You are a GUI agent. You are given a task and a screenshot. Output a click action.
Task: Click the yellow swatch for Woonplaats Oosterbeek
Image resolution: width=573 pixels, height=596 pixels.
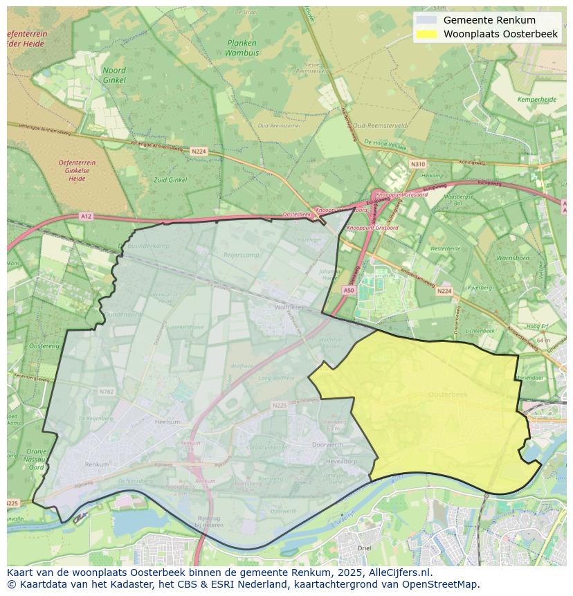tap(427, 34)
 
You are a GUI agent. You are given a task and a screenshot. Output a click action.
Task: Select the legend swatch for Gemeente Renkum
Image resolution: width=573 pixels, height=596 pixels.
tap(427, 20)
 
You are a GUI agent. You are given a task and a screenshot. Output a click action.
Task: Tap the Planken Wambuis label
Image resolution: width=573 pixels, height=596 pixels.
tap(242, 47)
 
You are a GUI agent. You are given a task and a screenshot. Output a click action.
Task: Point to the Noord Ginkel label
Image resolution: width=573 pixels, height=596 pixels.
tap(114, 75)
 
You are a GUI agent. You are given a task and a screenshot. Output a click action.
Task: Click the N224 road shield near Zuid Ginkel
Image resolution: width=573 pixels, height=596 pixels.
tap(199, 151)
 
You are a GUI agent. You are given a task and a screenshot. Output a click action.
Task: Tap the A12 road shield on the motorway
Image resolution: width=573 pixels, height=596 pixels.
tap(85, 216)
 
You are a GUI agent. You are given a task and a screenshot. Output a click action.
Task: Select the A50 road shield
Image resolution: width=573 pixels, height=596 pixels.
tap(349, 291)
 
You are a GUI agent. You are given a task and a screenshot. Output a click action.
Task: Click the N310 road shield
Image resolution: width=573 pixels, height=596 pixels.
tap(417, 164)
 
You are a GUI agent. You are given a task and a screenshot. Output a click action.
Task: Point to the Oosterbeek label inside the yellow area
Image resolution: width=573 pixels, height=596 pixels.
tap(448, 394)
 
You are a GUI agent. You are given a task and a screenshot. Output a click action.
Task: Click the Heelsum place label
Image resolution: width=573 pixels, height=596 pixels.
tap(167, 422)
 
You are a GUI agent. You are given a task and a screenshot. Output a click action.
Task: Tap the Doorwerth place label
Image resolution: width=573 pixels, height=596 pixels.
tap(327, 444)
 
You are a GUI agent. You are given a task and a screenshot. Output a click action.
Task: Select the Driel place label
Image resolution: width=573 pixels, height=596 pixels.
tap(364, 548)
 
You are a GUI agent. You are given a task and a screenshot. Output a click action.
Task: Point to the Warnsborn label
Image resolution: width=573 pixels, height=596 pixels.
tap(512, 258)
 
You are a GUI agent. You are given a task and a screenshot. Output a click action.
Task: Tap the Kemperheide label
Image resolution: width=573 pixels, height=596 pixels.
tap(537, 100)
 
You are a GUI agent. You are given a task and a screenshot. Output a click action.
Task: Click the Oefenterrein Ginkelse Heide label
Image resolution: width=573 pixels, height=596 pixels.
tap(77, 170)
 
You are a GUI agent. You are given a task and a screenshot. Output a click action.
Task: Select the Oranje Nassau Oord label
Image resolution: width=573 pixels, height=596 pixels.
tap(36, 460)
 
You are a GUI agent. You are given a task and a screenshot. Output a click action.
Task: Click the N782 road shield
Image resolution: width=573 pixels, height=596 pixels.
tap(106, 391)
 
